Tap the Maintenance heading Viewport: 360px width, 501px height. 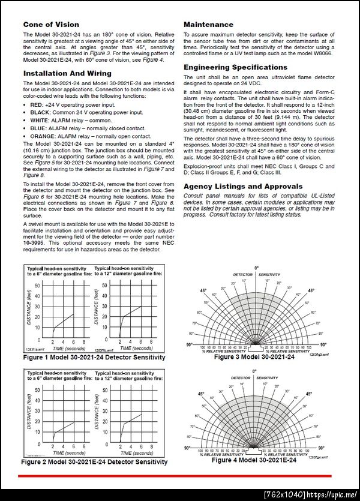[x=208, y=25]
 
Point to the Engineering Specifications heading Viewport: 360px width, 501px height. [x=235, y=67]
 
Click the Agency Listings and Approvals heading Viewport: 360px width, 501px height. [x=242, y=187]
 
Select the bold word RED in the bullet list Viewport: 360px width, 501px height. [x=35, y=104]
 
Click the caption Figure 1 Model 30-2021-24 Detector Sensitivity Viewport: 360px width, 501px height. [x=94, y=358]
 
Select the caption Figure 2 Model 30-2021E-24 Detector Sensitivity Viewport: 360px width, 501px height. [x=94, y=462]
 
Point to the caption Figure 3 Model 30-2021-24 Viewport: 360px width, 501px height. [x=254, y=357]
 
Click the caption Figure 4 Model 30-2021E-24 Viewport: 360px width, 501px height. [x=254, y=460]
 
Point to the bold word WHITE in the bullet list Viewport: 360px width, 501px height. [x=39, y=120]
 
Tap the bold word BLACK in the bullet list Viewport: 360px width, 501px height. [x=40, y=112]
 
